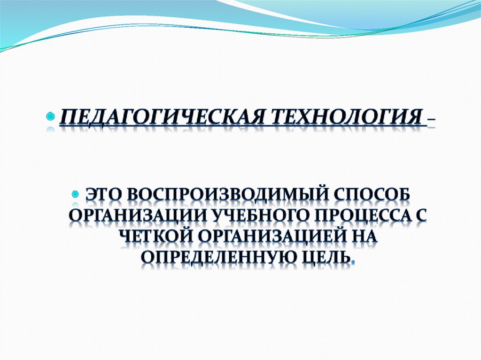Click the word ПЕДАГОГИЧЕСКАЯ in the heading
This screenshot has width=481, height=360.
coord(161,117)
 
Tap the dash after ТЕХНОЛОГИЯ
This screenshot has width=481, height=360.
coord(430,123)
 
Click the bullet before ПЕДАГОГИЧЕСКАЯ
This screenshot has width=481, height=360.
coord(51,117)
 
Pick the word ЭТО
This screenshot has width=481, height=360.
coord(103,195)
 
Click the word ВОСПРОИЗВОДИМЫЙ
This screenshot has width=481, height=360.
coord(223,196)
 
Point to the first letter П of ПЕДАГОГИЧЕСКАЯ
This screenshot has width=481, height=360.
coord(66,117)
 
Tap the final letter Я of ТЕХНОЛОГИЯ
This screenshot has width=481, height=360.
coord(415,117)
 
